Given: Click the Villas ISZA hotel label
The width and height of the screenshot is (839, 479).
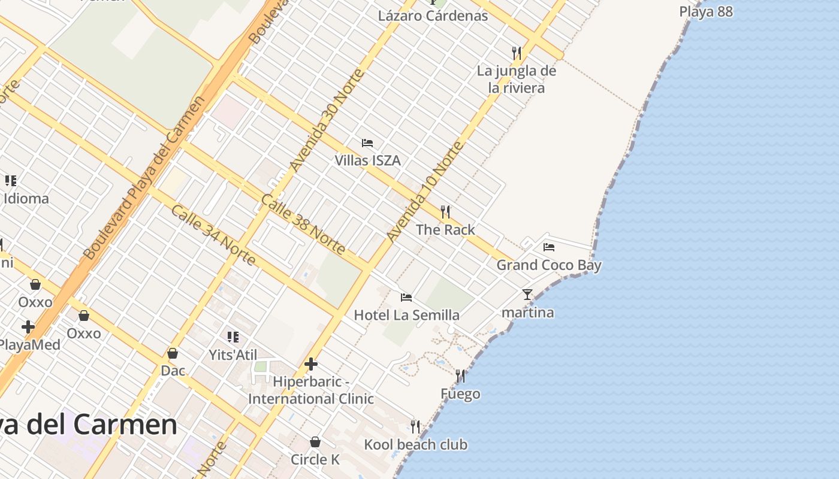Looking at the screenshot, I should [x=367, y=160].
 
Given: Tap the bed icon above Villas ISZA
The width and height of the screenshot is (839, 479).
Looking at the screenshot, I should [x=367, y=143].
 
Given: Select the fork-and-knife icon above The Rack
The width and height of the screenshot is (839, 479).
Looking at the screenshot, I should [x=445, y=212].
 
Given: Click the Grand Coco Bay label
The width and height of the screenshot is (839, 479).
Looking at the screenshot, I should [x=548, y=265].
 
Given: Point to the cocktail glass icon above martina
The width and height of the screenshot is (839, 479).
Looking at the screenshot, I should [x=527, y=295].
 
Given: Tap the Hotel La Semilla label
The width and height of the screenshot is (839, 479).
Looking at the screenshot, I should [x=406, y=315].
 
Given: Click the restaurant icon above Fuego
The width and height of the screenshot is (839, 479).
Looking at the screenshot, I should [x=460, y=376].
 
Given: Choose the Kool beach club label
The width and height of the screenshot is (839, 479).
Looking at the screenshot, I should [x=415, y=444].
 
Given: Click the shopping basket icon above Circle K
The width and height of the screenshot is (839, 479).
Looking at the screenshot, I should [x=315, y=442].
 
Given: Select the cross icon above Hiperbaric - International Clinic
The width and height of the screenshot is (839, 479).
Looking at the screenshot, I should [x=311, y=363].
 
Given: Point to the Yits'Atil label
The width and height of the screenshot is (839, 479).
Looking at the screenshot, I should [x=233, y=354].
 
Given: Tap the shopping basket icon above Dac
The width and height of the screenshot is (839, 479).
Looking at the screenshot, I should [x=173, y=353].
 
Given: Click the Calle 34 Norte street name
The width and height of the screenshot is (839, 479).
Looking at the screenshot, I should [x=213, y=235].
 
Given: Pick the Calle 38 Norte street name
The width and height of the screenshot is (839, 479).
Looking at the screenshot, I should [x=303, y=223].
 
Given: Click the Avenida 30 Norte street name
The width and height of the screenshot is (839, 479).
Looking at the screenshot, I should [x=327, y=120].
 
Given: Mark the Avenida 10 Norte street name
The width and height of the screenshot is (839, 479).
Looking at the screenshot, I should [x=425, y=192].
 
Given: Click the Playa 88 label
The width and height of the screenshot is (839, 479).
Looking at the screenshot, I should [x=706, y=12].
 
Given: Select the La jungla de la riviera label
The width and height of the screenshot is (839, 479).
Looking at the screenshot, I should [x=516, y=79].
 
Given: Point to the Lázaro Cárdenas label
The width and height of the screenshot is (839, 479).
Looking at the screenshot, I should [x=433, y=16].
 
